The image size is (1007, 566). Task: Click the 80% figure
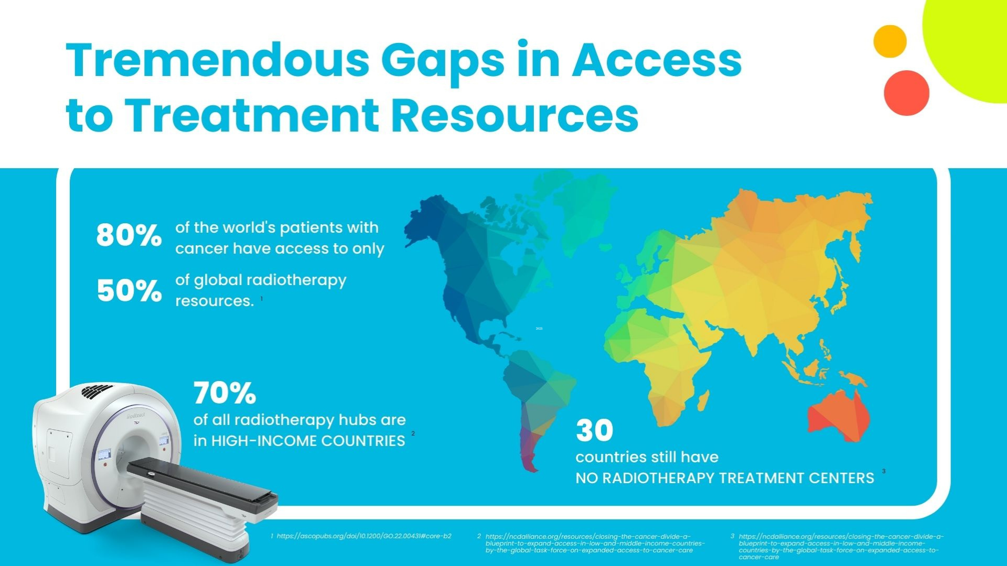pos(128,235)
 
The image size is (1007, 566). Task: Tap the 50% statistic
pos(129,290)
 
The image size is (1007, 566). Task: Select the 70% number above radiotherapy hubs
pos(224,393)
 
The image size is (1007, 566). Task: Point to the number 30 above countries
pos(594,431)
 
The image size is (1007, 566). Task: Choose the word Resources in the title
pos(515,115)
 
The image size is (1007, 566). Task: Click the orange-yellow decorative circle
pos(890,41)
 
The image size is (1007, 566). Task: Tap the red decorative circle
pos(906,93)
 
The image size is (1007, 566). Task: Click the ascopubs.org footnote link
pos(363,536)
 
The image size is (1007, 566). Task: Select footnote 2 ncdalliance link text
pos(594,543)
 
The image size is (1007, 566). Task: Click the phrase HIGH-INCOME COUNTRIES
pos(308,441)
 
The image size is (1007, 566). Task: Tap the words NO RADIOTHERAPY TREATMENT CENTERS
pos(724,478)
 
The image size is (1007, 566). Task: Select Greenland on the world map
pos(582,210)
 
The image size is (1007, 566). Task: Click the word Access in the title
pos(656,60)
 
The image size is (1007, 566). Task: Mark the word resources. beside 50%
pos(214,301)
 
